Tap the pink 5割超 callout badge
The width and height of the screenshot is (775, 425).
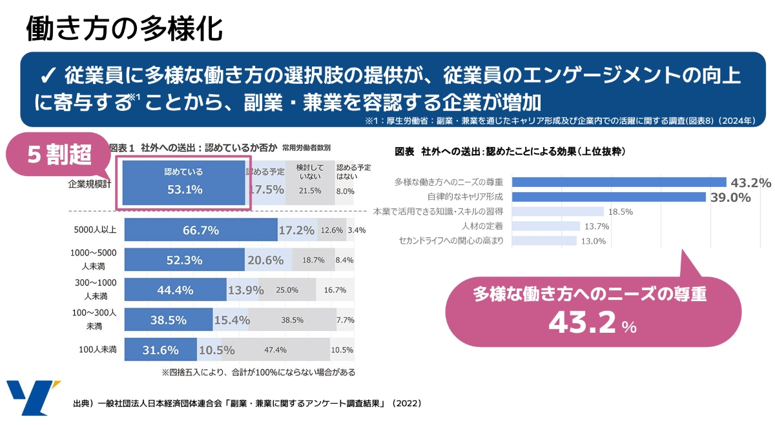click(x=59, y=154)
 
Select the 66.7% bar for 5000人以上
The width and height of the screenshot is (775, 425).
click(x=201, y=230)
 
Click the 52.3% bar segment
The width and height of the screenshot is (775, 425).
click(x=184, y=260)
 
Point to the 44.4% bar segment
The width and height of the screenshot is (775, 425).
click(x=175, y=290)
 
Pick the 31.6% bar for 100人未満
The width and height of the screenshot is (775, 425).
click(x=160, y=350)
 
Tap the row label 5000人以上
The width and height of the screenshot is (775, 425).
click(x=96, y=230)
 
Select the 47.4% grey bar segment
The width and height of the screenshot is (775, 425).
click(x=276, y=350)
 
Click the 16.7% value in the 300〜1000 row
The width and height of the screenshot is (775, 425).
click(x=335, y=290)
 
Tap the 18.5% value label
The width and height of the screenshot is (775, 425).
click(x=620, y=212)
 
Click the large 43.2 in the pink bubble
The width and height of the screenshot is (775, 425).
click(x=581, y=322)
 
